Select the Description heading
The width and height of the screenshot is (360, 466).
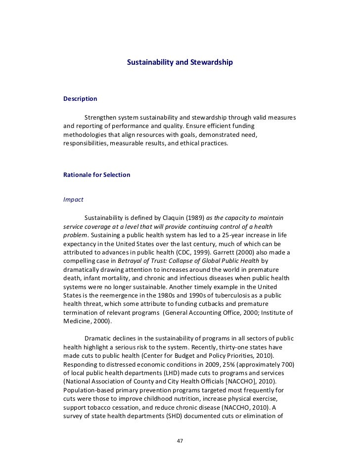tap(80, 99)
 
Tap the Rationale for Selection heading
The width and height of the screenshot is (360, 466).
tap(97, 175)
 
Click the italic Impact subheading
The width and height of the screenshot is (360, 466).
tap(73, 200)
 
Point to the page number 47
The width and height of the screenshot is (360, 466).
tap(180, 441)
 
